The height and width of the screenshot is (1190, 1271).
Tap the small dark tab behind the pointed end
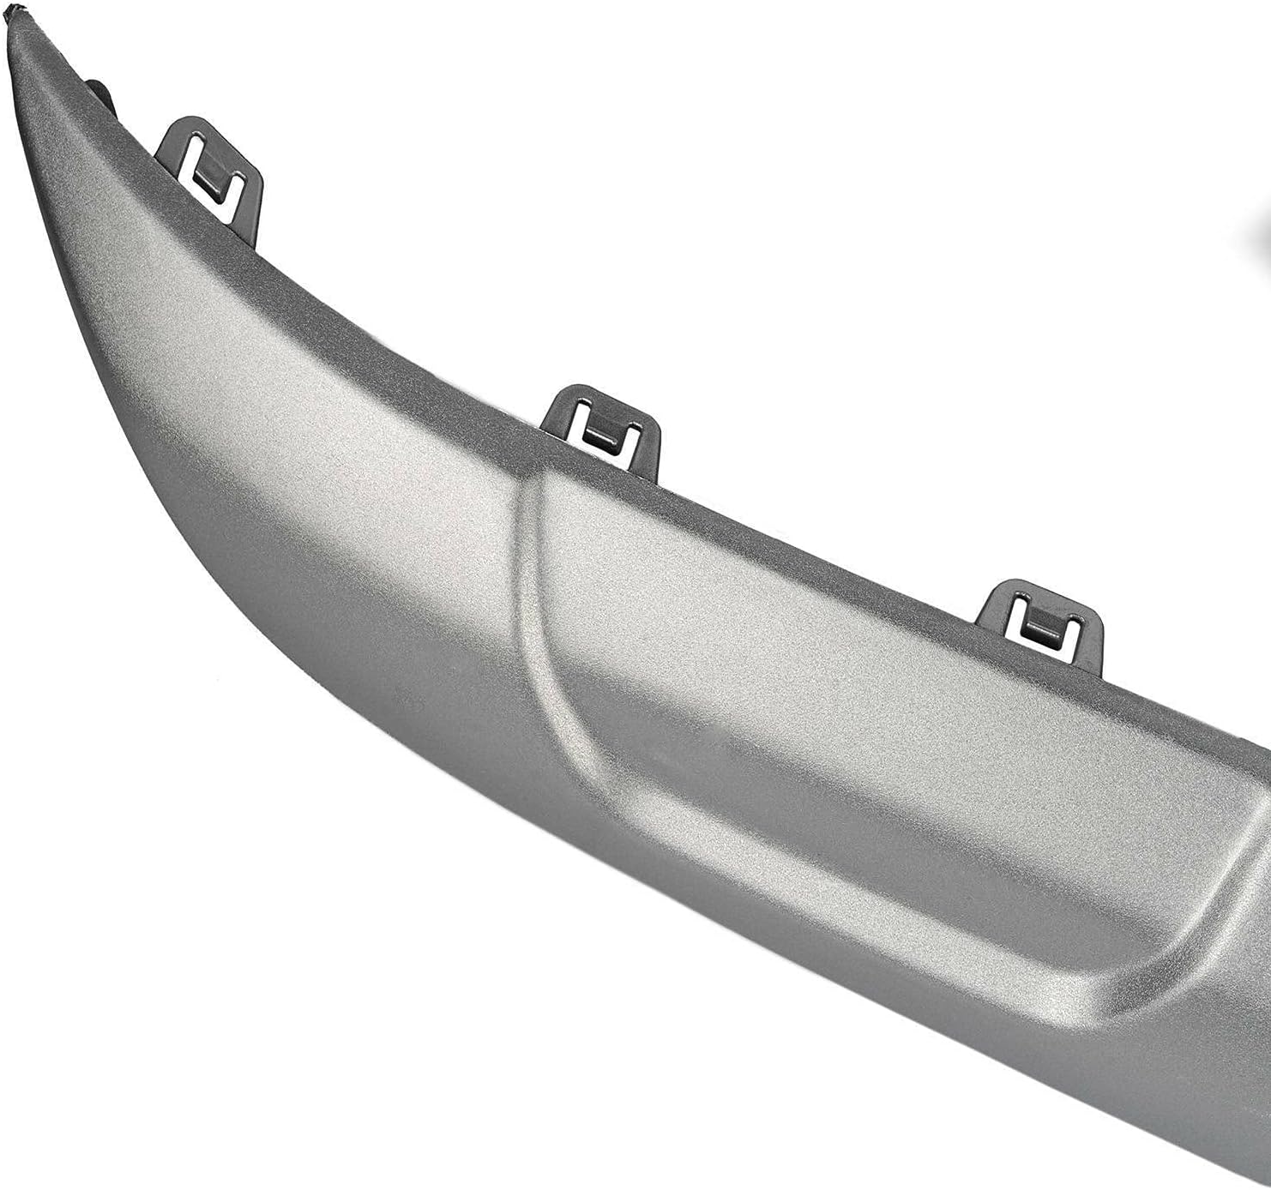pyautogui.click(x=96, y=89)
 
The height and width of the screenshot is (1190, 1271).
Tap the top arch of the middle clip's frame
pyautogui.click(x=600, y=391)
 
